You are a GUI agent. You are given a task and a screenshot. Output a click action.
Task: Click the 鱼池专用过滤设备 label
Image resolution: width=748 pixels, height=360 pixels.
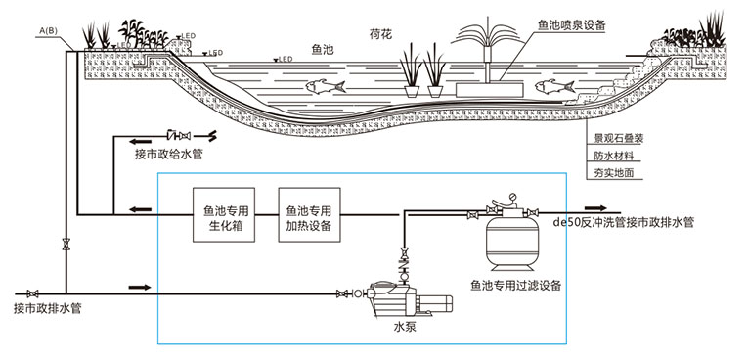516,286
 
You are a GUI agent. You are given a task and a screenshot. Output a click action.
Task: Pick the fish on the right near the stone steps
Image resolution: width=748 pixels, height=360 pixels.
553,87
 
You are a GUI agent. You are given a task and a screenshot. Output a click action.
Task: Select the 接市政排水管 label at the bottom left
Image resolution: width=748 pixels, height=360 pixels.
48,310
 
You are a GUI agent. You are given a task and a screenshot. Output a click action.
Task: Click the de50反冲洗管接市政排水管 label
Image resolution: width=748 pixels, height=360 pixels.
624,223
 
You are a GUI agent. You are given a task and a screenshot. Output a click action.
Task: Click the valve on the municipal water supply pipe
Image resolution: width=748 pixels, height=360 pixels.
179,134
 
